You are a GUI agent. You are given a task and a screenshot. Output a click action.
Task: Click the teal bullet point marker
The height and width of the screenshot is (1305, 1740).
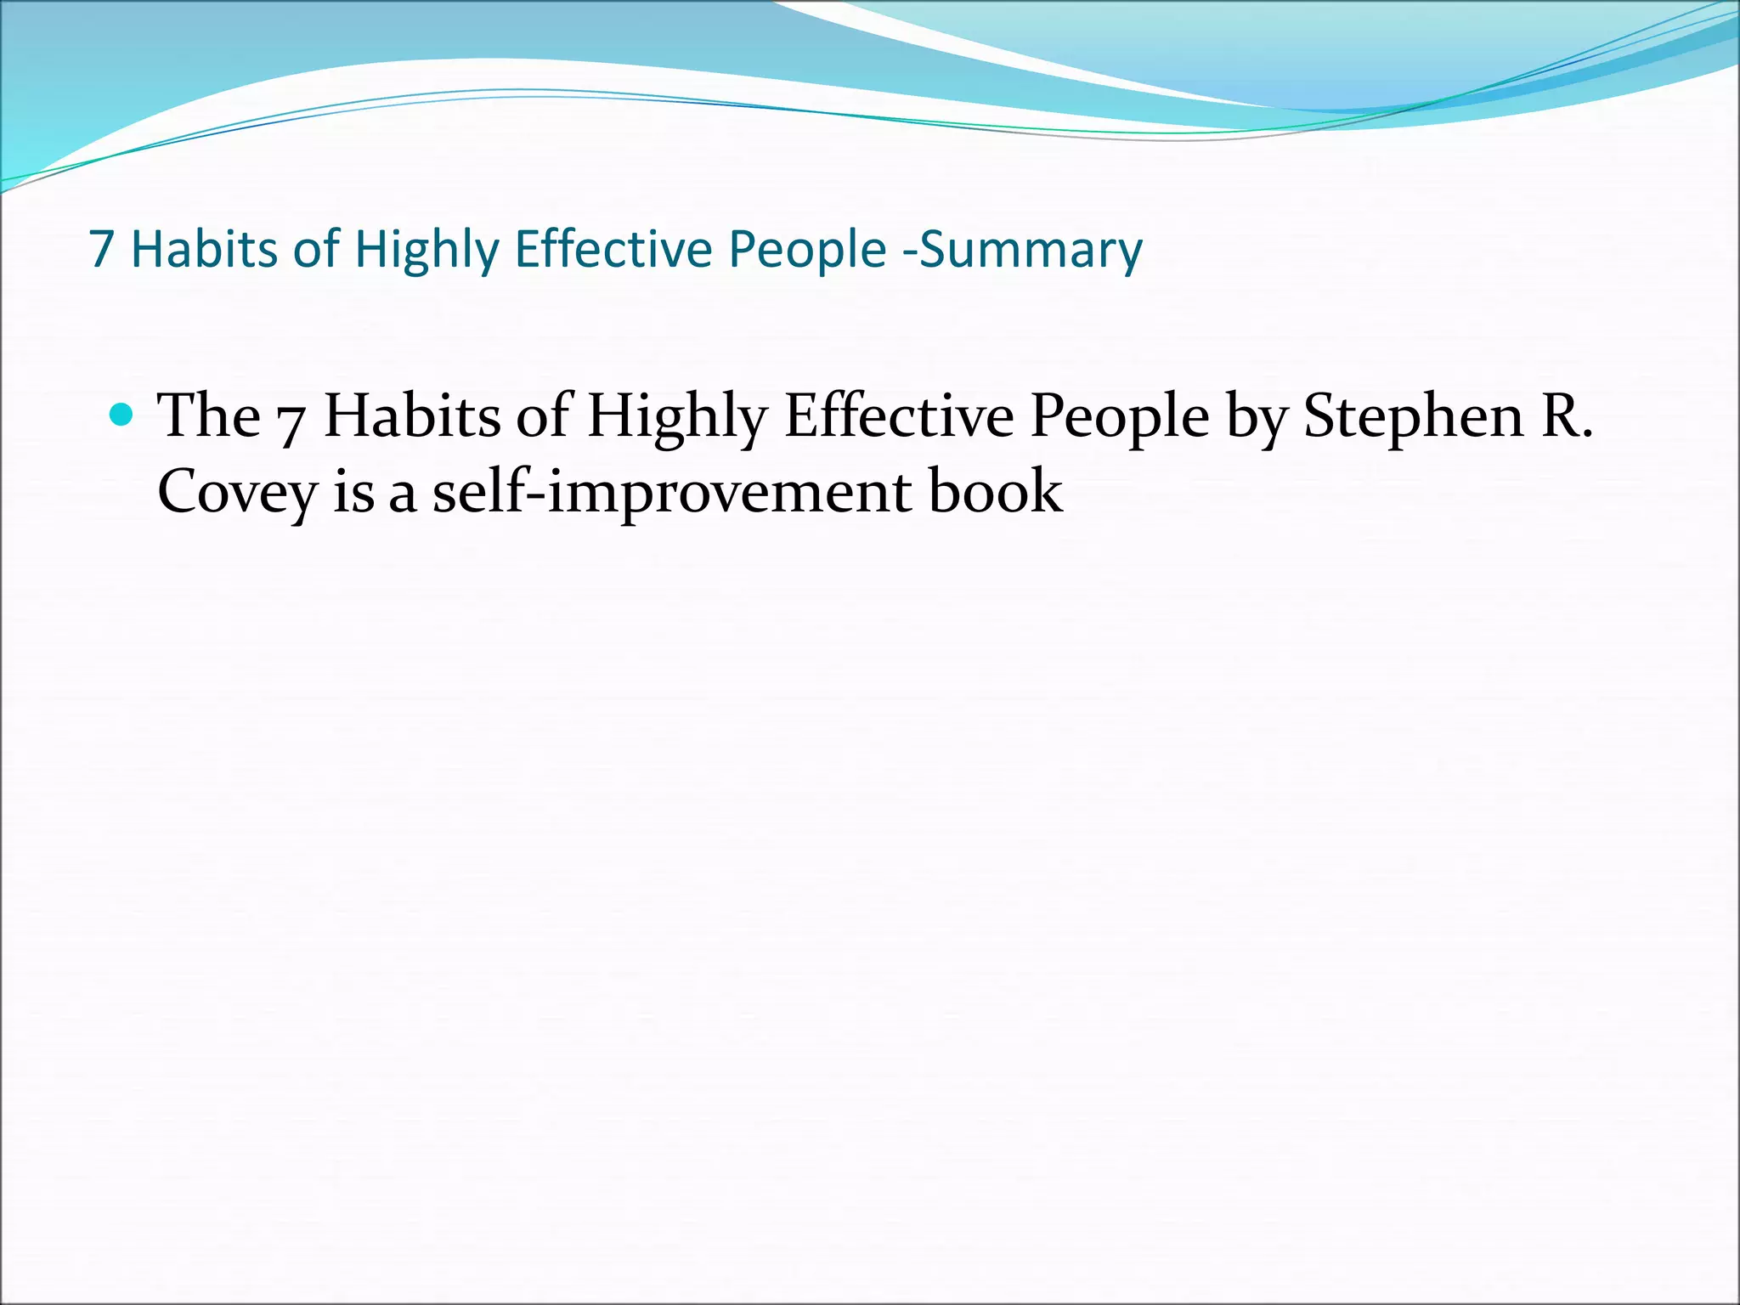pos(122,415)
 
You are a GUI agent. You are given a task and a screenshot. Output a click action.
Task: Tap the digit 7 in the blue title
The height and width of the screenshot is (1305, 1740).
pos(101,250)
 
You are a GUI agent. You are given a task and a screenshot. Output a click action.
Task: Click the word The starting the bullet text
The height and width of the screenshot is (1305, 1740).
pos(210,416)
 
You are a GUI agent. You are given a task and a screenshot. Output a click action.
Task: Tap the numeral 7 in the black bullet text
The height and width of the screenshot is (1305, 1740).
pos(291,421)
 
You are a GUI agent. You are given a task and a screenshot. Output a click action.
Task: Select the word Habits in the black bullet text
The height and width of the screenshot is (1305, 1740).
pos(412,416)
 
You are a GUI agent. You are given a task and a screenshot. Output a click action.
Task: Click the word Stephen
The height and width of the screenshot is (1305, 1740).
pos(1414,416)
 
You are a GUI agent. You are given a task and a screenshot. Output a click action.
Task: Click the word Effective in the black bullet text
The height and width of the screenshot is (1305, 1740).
pos(899,416)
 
